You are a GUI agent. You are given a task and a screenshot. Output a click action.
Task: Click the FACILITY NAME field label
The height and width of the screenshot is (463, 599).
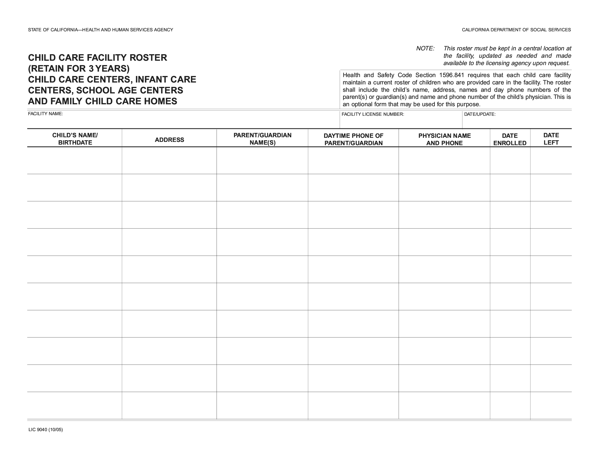45,114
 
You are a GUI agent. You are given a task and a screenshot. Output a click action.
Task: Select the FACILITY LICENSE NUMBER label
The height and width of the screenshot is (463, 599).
372,114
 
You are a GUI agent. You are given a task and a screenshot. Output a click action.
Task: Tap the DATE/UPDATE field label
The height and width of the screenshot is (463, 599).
479,114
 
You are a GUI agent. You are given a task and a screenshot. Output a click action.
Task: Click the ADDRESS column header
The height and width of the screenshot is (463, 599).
169,140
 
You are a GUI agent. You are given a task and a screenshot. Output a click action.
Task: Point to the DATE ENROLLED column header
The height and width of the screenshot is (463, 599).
510,139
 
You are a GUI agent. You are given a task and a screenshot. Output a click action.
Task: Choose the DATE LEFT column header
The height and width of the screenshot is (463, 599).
551,139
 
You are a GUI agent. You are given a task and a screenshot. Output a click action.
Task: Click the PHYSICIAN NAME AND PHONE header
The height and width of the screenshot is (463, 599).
444,139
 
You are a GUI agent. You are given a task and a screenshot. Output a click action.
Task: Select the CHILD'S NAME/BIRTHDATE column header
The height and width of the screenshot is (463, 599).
75,139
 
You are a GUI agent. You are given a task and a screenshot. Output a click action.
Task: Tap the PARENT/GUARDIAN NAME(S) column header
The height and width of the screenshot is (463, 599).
262,139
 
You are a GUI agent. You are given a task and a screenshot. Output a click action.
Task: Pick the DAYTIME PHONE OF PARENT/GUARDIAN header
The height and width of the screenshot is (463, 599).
353,139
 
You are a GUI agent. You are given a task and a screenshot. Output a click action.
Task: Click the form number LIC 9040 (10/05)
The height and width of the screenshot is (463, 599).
45,430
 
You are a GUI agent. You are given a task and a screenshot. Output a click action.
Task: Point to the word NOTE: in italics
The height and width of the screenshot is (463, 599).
425,48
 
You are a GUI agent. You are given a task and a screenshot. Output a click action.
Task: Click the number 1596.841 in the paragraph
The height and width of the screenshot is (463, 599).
451,75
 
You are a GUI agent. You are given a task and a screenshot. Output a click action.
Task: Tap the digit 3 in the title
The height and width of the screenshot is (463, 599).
91,69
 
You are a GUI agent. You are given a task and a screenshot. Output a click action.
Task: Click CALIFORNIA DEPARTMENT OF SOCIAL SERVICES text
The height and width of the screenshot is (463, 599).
516,30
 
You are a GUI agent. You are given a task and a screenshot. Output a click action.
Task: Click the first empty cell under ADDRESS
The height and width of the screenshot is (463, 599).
169,160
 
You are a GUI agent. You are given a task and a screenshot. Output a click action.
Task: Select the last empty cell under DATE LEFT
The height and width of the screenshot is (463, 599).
551,406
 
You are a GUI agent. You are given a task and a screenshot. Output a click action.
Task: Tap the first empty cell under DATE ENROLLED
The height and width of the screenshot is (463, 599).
510,160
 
